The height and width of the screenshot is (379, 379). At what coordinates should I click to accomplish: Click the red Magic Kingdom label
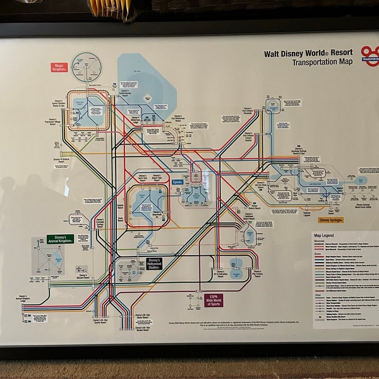[59, 67]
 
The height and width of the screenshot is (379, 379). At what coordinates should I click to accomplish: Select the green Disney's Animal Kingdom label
[61, 239]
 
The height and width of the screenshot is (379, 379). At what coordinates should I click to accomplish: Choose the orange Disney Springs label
[331, 220]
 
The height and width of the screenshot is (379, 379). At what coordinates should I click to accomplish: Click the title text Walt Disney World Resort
[309, 54]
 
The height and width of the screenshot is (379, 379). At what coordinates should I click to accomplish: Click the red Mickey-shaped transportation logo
[369, 54]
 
